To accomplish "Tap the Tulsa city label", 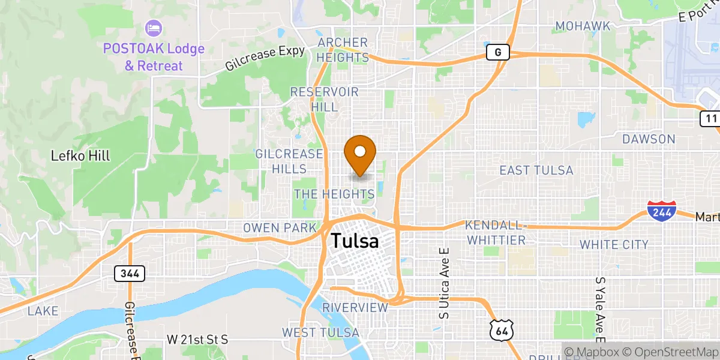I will (355, 241).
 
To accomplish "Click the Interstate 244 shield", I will (662, 211).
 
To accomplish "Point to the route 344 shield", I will (130, 274).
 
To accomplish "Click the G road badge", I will (497, 53).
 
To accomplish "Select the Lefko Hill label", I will (80, 156).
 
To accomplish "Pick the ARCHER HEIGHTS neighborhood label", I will (343, 50).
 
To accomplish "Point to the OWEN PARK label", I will (280, 228).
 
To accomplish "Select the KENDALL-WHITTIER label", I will (496, 232).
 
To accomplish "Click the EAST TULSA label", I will (536, 170).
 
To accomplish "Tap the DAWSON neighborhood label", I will (649, 139).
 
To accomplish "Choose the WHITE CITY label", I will (614, 244).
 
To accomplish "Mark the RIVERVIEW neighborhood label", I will (355, 307).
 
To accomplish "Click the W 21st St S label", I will (198, 340).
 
